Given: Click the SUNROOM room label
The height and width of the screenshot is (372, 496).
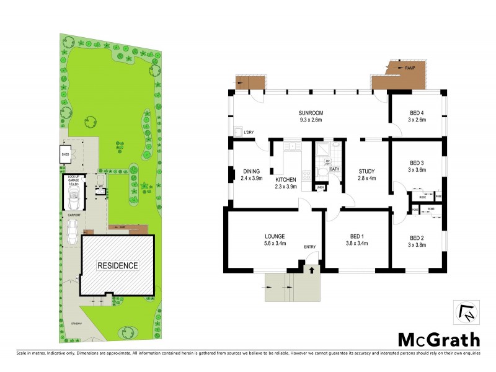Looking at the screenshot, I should (x=311, y=113).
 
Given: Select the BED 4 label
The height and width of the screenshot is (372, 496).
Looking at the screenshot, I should (x=417, y=113).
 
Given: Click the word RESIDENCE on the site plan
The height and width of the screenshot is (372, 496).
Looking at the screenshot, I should (x=117, y=265).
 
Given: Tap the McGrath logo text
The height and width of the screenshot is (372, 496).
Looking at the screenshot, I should (x=438, y=339).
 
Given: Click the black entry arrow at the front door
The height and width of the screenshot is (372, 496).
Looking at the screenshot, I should (x=311, y=269).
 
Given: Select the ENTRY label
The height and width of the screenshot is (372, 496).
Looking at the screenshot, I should (x=310, y=247).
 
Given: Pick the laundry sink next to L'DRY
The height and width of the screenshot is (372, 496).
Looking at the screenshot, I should (x=238, y=132).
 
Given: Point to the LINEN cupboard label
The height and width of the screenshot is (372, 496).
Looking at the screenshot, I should (x=320, y=187).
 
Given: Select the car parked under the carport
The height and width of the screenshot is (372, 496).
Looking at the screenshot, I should (x=73, y=231).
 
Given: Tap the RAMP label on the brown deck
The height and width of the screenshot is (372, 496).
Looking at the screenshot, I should (x=409, y=68).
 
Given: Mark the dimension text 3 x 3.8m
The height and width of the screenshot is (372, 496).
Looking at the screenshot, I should (x=417, y=244).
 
